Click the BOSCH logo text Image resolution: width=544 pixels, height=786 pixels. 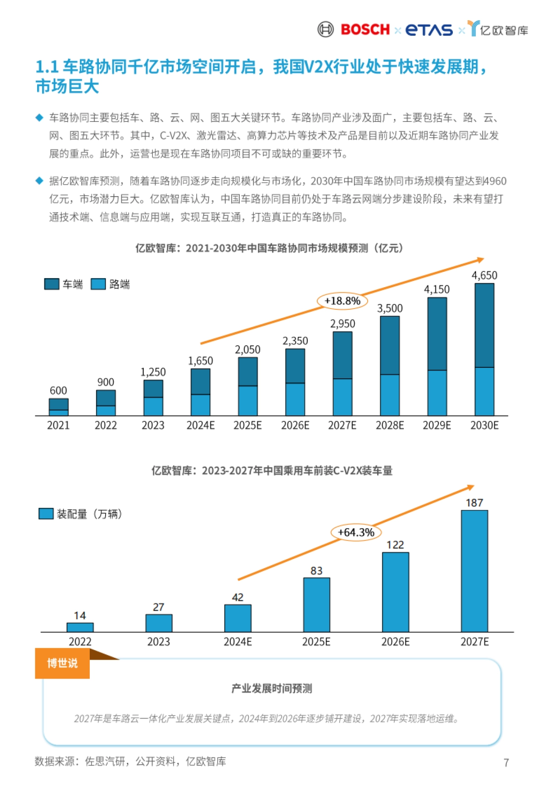(365, 29)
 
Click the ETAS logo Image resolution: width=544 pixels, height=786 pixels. (429, 30)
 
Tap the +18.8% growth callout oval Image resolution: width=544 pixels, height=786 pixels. (342, 301)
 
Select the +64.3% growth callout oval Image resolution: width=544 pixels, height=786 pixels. (356, 532)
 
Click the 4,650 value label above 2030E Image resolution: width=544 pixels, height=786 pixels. (484, 275)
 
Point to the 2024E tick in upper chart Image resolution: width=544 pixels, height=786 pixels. (200, 425)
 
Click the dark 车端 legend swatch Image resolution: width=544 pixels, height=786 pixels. (52, 284)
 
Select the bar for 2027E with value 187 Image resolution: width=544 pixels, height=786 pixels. (474, 571)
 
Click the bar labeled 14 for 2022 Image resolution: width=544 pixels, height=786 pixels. (80, 627)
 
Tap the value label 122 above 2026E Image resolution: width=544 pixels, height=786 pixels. (395, 545)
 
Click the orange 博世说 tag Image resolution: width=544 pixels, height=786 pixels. (62, 663)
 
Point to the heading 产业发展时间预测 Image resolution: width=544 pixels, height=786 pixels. (272, 689)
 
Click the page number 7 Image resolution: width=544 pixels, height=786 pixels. (506, 763)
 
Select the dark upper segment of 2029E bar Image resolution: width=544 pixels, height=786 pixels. (437, 334)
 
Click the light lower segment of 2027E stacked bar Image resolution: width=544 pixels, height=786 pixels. (342, 397)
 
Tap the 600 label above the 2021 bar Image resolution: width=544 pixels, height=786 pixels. (58, 391)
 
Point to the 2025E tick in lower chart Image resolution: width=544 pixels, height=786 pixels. (316, 642)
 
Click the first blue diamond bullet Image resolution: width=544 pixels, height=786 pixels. (39, 118)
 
